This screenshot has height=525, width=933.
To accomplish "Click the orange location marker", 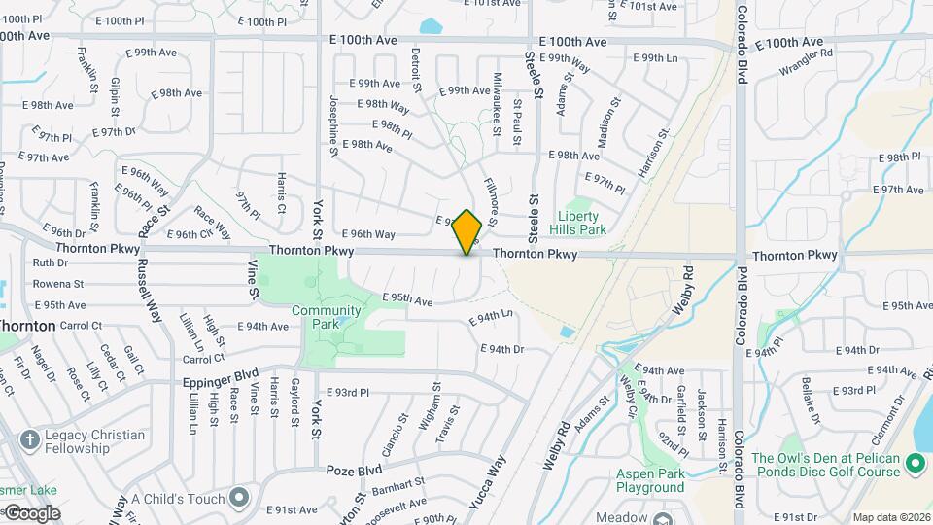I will click(x=467, y=232).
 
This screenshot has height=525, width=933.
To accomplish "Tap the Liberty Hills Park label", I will click(x=583, y=223).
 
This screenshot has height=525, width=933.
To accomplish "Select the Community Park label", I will click(x=327, y=318).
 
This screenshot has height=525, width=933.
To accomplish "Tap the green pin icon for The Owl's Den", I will click(x=916, y=465).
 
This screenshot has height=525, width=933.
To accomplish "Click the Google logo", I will click(x=31, y=513).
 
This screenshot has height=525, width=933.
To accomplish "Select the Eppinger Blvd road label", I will click(x=220, y=373).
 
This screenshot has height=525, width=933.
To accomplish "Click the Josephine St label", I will click(x=333, y=125).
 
